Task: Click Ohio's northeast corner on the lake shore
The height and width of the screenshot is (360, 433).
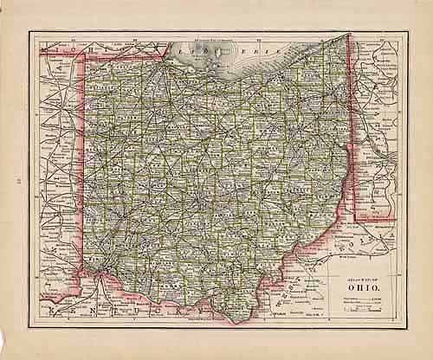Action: pos(348,36)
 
